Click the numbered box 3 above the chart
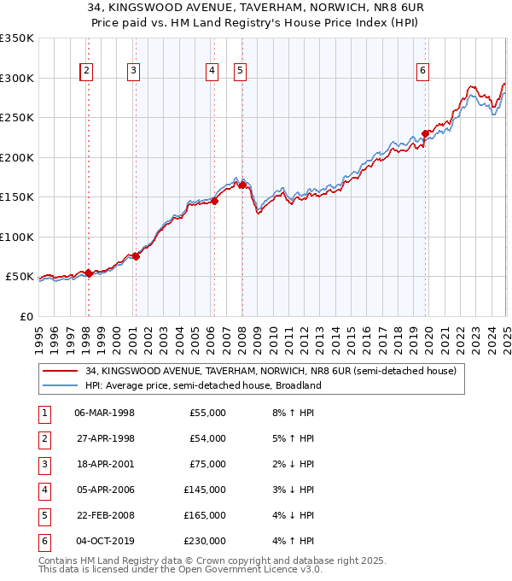[x=134, y=72]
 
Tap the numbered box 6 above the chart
[x=422, y=72]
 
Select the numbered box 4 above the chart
[x=211, y=72]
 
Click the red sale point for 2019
[x=424, y=133]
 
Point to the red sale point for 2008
[x=242, y=185]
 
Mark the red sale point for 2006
[x=214, y=201]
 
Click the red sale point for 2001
[x=136, y=256]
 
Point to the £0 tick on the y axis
[x=25, y=316]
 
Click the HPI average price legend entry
[x=202, y=385]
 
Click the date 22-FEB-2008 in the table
[x=104, y=515]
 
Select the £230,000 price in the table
[x=205, y=541]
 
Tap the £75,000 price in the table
[x=207, y=464]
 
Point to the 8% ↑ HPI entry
[x=293, y=413]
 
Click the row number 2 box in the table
[x=44, y=438]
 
